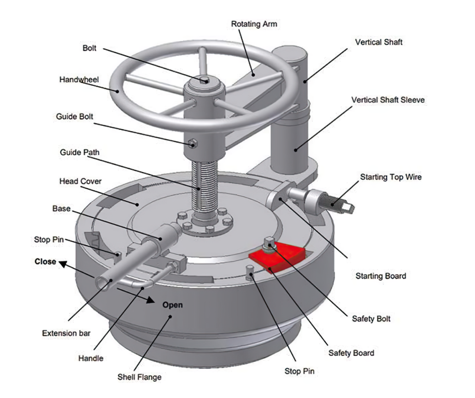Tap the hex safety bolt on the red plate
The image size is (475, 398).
[269, 243]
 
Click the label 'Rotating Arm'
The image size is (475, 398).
[254, 24]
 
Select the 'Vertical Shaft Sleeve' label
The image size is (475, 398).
[388, 100]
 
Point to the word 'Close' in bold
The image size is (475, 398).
[45, 262]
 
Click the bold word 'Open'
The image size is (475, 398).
[172, 305]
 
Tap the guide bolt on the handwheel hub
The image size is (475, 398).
[193, 144]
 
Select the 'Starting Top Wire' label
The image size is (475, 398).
[391, 177]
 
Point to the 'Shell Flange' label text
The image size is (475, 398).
[139, 377]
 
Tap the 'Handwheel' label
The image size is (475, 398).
[79, 80]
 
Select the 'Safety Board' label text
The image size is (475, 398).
[351, 353]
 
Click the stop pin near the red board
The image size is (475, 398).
[250, 273]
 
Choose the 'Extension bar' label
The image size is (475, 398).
[66, 333]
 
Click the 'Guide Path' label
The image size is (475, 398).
[79, 152]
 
